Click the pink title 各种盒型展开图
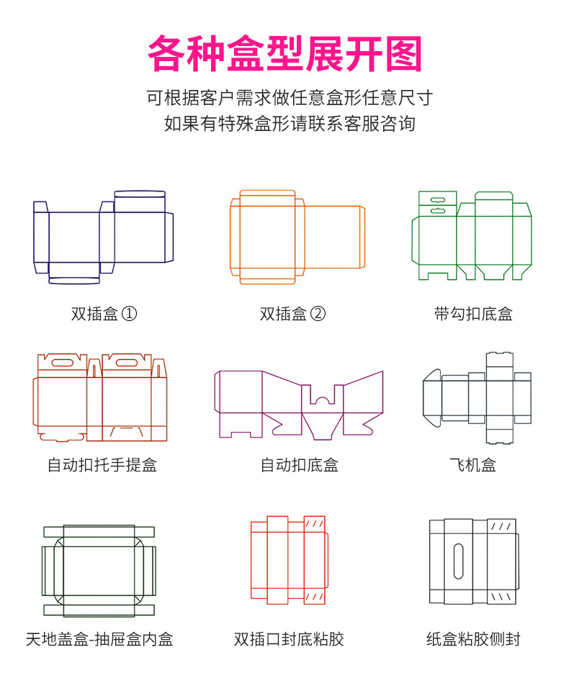(284, 54)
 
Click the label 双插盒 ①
(104, 314)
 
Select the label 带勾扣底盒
(473, 314)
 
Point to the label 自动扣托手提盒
(102, 465)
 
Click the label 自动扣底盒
(299, 465)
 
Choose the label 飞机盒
(473, 465)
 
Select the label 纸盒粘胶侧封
(473, 638)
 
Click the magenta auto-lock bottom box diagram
(298, 402)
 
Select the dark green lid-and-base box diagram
(99, 571)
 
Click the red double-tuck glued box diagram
(289, 559)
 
